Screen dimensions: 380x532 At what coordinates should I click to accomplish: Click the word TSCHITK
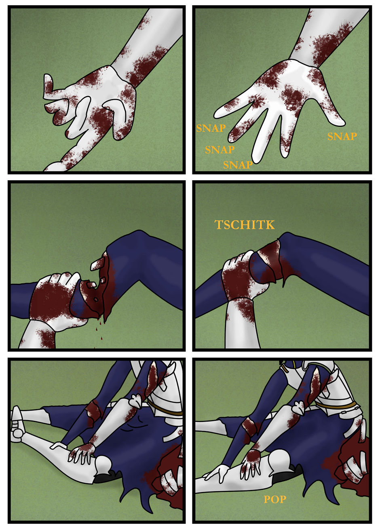pos(245,225)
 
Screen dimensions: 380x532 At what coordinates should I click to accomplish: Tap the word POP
pos(275,500)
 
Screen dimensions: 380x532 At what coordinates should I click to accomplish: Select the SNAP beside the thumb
pos(342,136)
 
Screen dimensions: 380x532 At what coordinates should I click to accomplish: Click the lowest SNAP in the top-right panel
pos(238,165)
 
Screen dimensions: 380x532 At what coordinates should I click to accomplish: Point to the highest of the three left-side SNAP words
pos(211,128)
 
